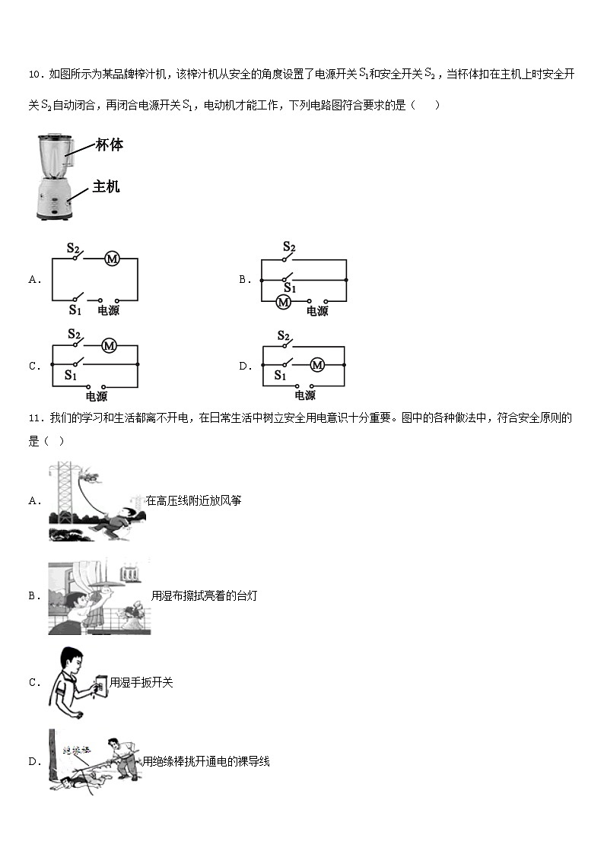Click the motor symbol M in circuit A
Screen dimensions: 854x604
[112, 259]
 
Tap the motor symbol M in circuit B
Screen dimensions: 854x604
[284, 302]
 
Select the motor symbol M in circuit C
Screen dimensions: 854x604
[109, 346]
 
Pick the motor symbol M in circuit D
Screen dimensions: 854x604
[317, 365]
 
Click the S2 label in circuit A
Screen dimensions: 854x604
[74, 247]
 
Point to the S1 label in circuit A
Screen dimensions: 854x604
[75, 310]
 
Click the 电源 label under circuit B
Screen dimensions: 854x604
[317, 311]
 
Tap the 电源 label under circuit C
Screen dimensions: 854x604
[96, 396]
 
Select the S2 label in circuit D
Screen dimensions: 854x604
[284, 335]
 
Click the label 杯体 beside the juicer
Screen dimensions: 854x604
[110, 145]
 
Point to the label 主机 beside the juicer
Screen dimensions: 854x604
[106, 186]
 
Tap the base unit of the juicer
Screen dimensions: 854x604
[53, 202]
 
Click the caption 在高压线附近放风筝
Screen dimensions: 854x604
[193, 500]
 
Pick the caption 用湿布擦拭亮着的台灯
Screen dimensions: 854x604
[204, 595]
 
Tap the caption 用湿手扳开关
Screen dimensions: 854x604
[141, 682]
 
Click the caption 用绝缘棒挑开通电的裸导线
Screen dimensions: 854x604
[205, 761]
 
